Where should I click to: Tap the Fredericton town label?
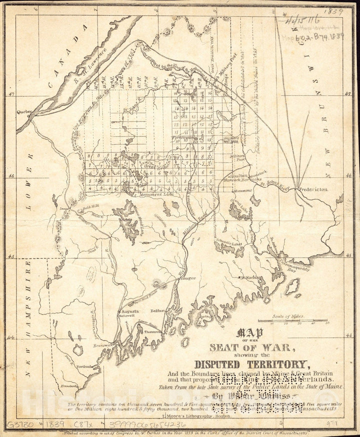313,189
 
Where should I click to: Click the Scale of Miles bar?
299,320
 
